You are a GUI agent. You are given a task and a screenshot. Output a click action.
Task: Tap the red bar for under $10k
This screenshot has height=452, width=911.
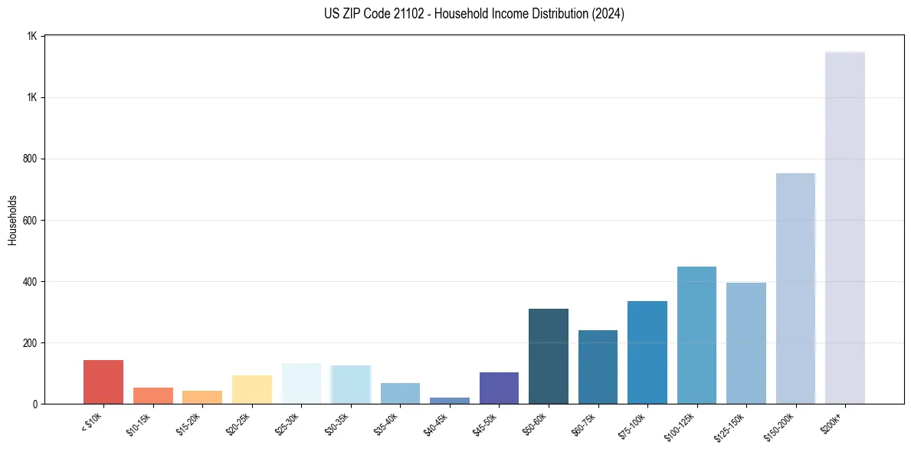[103, 382]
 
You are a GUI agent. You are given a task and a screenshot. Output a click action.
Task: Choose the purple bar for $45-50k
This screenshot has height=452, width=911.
[499, 388]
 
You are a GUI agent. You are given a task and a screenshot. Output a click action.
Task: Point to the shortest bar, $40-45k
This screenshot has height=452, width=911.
[450, 400]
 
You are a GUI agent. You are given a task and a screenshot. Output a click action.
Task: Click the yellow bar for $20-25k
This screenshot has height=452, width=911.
[252, 389]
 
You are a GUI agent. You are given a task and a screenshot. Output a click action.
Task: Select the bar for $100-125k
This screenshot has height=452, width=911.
[696, 335]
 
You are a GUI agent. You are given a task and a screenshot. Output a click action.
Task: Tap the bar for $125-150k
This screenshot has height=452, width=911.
[746, 343]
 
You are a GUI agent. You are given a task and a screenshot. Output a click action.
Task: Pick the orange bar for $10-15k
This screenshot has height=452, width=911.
[153, 395]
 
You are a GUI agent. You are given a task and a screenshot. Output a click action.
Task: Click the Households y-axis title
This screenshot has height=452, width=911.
[13, 220]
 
